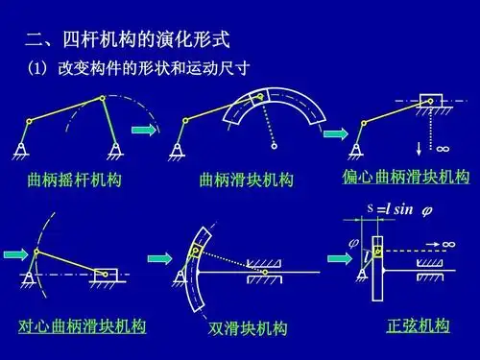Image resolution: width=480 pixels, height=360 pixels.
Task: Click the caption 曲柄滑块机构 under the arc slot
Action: tap(246, 180)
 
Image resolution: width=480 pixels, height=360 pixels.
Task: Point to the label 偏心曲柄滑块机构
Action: tap(406, 178)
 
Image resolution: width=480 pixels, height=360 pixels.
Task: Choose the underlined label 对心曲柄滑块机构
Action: tap(83, 326)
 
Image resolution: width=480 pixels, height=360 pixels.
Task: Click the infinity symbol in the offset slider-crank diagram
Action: tap(443, 149)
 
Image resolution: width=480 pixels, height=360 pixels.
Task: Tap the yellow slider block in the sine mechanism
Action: tap(378, 251)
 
